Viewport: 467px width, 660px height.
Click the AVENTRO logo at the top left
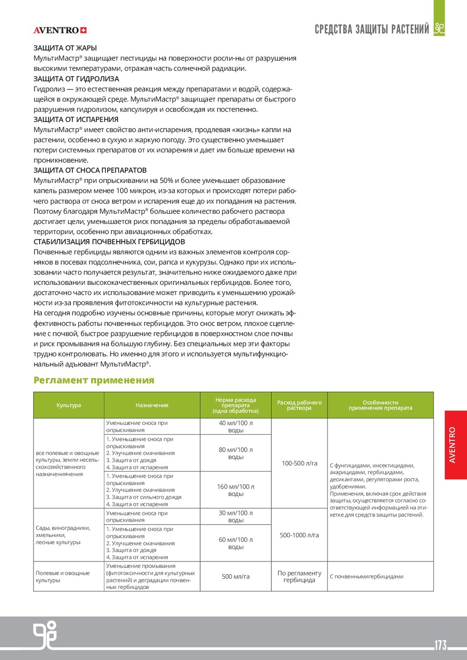[60, 31]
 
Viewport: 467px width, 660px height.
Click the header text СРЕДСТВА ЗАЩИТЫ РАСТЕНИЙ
[372, 30]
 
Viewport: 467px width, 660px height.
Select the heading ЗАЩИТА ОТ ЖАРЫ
[65, 48]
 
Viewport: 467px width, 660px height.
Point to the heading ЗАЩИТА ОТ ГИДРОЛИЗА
[76, 79]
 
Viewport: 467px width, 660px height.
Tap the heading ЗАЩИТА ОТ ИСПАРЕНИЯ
[76, 119]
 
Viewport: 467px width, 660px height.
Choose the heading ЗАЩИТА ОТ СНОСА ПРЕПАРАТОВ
[90, 170]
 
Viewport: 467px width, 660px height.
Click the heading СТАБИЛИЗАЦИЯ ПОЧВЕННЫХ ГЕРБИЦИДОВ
[109, 242]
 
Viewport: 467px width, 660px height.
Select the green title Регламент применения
[94, 380]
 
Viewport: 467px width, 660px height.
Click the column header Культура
[69, 405]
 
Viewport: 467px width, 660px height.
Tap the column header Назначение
[152, 405]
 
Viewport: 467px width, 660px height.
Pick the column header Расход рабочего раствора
[299, 405]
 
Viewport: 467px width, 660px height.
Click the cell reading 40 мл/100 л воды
[235, 427]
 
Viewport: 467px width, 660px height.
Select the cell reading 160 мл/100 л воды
[235, 490]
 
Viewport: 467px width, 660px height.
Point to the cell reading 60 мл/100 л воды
[235, 543]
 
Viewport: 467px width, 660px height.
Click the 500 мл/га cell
[235, 577]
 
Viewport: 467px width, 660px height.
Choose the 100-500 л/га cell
[299, 463]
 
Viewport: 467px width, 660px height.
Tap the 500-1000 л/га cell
[299, 535]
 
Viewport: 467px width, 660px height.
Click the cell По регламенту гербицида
[299, 577]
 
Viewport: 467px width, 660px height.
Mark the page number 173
[441, 645]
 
